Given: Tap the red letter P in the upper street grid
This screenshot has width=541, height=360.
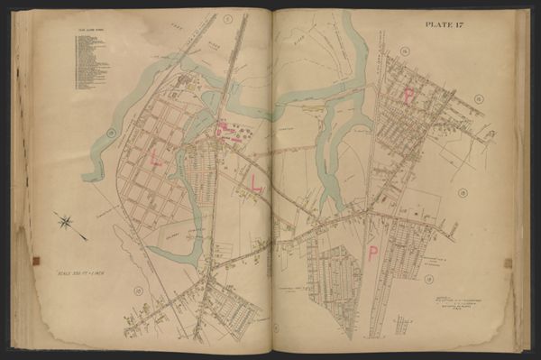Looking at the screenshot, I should point(411,96).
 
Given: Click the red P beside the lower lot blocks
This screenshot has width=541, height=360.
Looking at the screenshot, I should point(372,254).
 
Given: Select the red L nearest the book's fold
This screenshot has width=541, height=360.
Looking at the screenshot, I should point(257,183).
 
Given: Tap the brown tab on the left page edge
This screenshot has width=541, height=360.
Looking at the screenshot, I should point(36,262).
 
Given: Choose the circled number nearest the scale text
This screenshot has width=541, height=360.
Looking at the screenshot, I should point(138,290).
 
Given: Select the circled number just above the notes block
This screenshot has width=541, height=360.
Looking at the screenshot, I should point(429,279).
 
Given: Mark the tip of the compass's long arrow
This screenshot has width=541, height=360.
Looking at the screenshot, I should point(86,238).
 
